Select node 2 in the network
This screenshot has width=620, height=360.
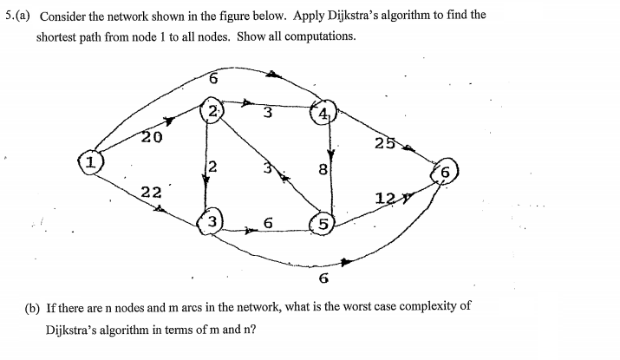pyautogui.click(x=212, y=111)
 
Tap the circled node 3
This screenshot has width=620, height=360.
pyautogui.click(x=212, y=223)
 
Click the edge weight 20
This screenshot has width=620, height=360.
pyautogui.click(x=152, y=136)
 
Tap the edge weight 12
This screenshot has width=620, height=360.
pyautogui.click(x=386, y=198)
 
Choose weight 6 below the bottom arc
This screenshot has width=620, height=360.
pyautogui.click(x=323, y=278)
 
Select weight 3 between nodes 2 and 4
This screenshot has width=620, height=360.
pyautogui.click(x=268, y=112)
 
